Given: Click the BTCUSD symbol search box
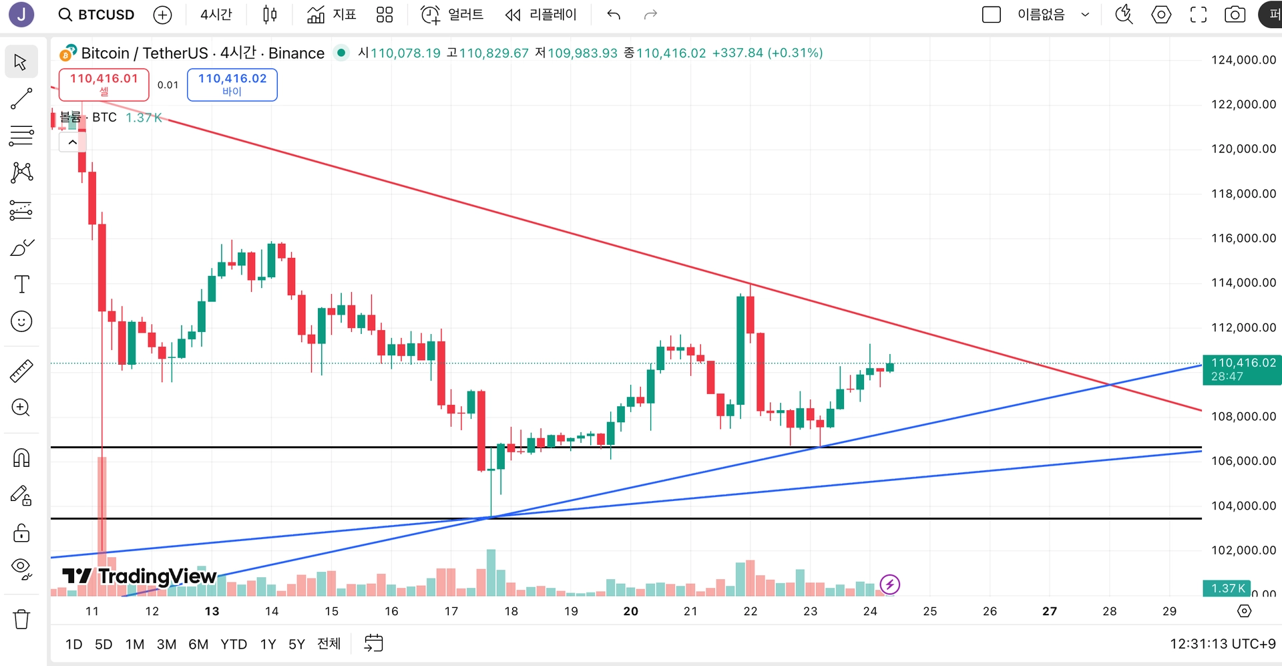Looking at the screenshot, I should [97, 15].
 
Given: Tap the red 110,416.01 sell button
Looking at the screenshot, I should [103, 84].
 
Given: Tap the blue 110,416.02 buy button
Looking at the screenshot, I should [232, 84].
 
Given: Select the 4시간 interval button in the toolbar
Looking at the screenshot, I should [216, 15].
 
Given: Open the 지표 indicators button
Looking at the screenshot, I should [332, 15].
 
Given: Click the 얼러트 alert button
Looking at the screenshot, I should [452, 15].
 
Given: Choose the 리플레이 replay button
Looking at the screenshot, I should [541, 15].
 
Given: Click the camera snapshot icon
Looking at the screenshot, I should [1235, 15].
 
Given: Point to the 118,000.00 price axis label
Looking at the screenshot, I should [1243, 194].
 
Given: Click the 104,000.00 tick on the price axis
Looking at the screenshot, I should [1243, 506].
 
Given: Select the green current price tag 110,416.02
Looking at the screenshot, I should [1242, 369].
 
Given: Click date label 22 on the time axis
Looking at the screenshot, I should [751, 611].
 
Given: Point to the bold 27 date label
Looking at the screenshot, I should [1050, 611].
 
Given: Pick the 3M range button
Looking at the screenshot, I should [166, 644].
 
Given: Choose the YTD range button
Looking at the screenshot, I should [234, 644].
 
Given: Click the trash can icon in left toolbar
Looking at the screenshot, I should [21, 619].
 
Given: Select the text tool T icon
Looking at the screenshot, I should [21, 285].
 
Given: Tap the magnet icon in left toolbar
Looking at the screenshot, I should [21, 458].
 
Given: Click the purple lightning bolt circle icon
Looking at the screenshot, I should [889, 585].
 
